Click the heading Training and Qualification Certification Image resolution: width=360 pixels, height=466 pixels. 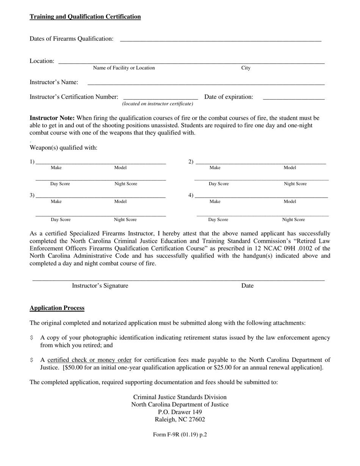click(x=85, y=17)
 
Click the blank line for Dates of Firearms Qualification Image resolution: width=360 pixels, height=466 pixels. click(x=221, y=39)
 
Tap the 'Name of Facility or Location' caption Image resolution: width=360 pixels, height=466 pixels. click(x=124, y=68)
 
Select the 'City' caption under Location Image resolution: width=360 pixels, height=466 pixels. click(x=246, y=68)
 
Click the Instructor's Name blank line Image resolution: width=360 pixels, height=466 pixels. click(x=206, y=83)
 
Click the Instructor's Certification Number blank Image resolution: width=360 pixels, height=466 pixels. click(x=161, y=98)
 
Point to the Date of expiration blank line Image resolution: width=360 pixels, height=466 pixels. click(x=293, y=98)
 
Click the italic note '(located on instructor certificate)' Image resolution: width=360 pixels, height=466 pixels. click(x=158, y=104)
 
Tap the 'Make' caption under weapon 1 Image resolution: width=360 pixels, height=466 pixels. click(x=56, y=167)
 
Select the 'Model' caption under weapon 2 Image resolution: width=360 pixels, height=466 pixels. click(x=290, y=167)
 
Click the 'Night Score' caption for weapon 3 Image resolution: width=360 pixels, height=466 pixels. click(x=125, y=219)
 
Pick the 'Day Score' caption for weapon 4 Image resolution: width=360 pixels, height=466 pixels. click(x=218, y=219)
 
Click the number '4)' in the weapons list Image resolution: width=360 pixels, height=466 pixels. click(x=191, y=195)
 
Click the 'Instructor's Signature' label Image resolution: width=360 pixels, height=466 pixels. click(x=100, y=286)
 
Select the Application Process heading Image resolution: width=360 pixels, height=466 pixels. click(x=57, y=308)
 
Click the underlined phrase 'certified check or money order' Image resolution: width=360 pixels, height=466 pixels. click(x=89, y=360)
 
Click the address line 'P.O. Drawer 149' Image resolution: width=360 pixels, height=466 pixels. click(x=180, y=412)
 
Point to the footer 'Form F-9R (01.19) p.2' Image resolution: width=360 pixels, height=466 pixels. click(x=180, y=435)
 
